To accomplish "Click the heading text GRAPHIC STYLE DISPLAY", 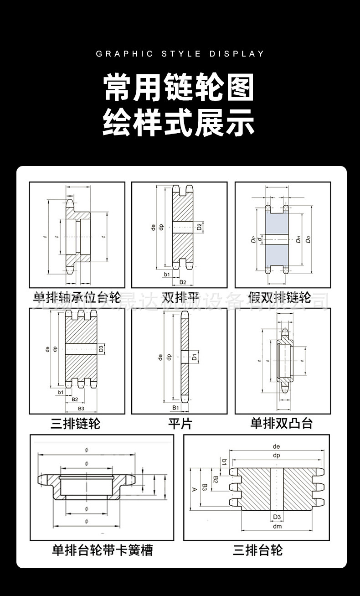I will [x=180, y=54].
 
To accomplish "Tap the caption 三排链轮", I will [x=75, y=424].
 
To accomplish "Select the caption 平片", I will [x=180, y=424].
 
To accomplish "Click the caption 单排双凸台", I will [x=282, y=424].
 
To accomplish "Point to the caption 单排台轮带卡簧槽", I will [x=103, y=550].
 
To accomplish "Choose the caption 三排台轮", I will [x=258, y=550].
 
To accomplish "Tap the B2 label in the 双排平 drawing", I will [x=182, y=283].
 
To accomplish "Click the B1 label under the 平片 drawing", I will [x=175, y=407].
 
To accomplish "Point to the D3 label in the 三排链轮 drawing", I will [x=101, y=349].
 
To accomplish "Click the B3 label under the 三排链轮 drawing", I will [x=81, y=409].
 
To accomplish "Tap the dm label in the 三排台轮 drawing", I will [x=277, y=526].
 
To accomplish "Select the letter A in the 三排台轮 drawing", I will [x=194, y=489].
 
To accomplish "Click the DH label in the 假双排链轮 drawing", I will [x=298, y=239].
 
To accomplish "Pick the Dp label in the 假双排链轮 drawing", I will [x=253, y=239].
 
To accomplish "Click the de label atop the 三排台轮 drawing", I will [x=276, y=446].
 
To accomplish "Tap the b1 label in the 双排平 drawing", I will [x=166, y=275].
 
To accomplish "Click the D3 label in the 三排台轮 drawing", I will [x=277, y=517].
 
